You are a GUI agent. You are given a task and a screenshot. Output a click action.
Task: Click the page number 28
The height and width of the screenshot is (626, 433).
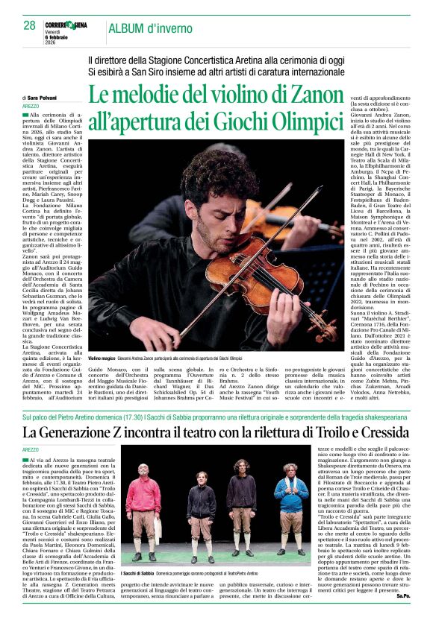click(29, 25)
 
